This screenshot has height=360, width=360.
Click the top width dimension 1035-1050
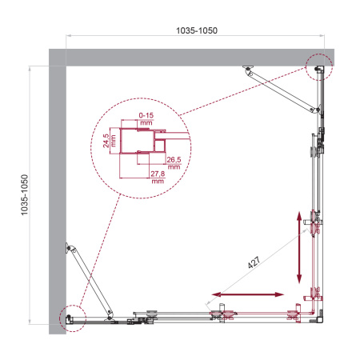[x=196, y=30]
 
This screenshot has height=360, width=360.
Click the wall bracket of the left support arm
[x=71, y=247]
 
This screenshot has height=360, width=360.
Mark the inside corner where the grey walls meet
[x=66, y=67]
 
